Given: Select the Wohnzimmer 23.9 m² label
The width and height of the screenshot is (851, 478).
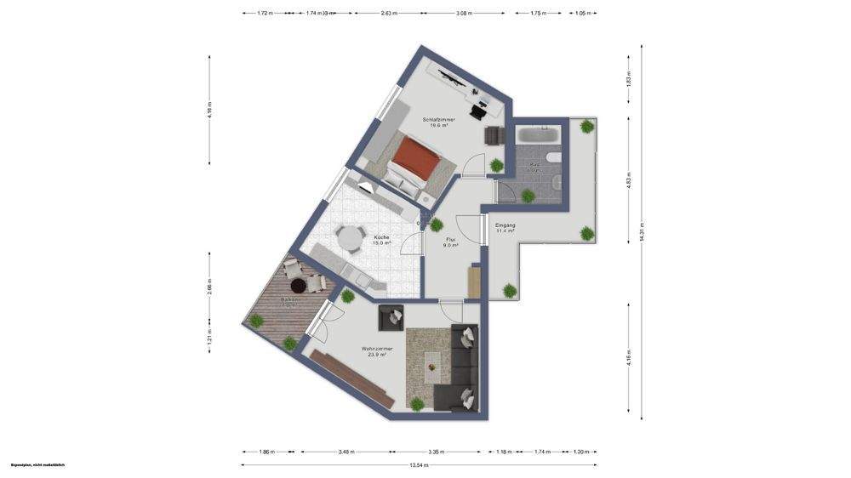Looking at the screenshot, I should click(x=374, y=351).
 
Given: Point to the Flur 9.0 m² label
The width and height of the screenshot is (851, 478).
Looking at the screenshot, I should click(x=451, y=242).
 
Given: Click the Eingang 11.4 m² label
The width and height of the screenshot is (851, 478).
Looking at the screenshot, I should click(x=505, y=228).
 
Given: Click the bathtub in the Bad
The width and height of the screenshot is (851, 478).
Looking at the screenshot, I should click(x=537, y=134).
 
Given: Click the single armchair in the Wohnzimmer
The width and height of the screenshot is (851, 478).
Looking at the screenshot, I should click(x=393, y=316).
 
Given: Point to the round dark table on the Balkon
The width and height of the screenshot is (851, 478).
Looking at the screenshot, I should click(x=298, y=287).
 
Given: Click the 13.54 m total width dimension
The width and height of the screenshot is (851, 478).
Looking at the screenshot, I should click(x=419, y=465).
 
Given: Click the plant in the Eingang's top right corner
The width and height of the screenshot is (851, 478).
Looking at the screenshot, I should click(x=587, y=127).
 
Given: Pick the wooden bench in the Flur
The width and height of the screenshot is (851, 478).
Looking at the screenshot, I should click(x=474, y=282).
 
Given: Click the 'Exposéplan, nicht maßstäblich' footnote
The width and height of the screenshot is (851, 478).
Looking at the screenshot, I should click(x=37, y=465).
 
